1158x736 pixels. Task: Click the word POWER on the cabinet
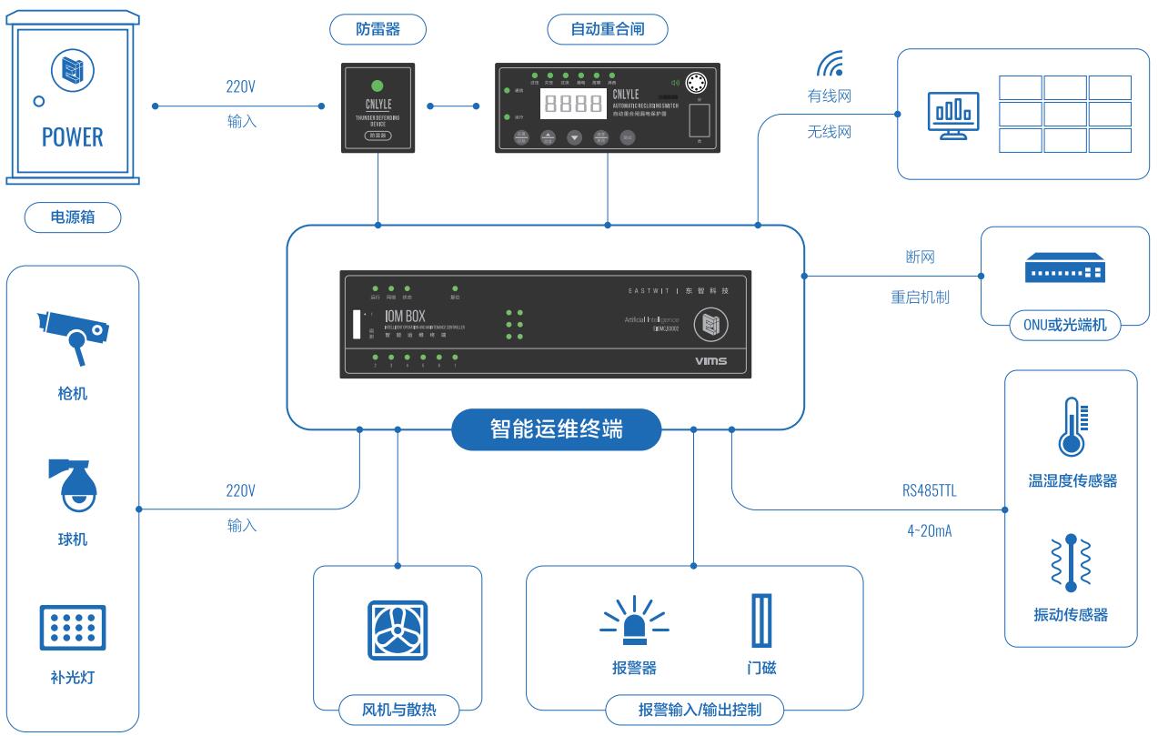pyautogui.click(x=73, y=137)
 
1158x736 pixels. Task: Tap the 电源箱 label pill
pyautogui.click(x=73, y=217)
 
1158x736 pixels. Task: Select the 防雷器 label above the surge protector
pyautogui.click(x=378, y=30)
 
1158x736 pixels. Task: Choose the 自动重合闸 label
pyautogui.click(x=608, y=30)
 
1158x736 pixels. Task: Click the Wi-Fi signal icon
pyautogui.click(x=829, y=63)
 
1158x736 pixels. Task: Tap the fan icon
pyautogui.click(x=398, y=630)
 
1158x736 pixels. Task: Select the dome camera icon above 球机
pyautogui.click(x=73, y=484)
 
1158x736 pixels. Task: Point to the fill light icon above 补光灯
pyautogui.click(x=73, y=627)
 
